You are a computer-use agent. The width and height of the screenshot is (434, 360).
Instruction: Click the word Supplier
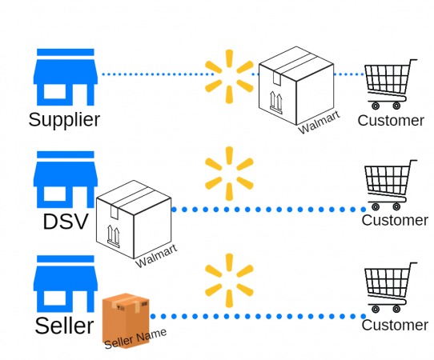point(64,120)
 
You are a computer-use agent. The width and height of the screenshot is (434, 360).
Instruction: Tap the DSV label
point(65,221)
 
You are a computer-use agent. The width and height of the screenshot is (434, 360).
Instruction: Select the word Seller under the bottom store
point(64,326)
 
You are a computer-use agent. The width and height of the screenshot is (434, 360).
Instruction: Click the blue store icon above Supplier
point(65,78)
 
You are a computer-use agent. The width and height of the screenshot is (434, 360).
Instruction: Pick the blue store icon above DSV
point(65,179)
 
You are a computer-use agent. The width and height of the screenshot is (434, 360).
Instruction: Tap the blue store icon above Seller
point(65,284)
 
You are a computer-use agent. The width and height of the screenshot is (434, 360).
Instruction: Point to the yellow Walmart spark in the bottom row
point(229,280)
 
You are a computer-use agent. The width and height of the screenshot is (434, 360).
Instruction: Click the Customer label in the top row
point(391,121)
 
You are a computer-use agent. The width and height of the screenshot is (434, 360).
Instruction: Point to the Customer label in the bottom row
point(395,326)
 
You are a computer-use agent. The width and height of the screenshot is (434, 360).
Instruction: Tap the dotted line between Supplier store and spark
point(152,74)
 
